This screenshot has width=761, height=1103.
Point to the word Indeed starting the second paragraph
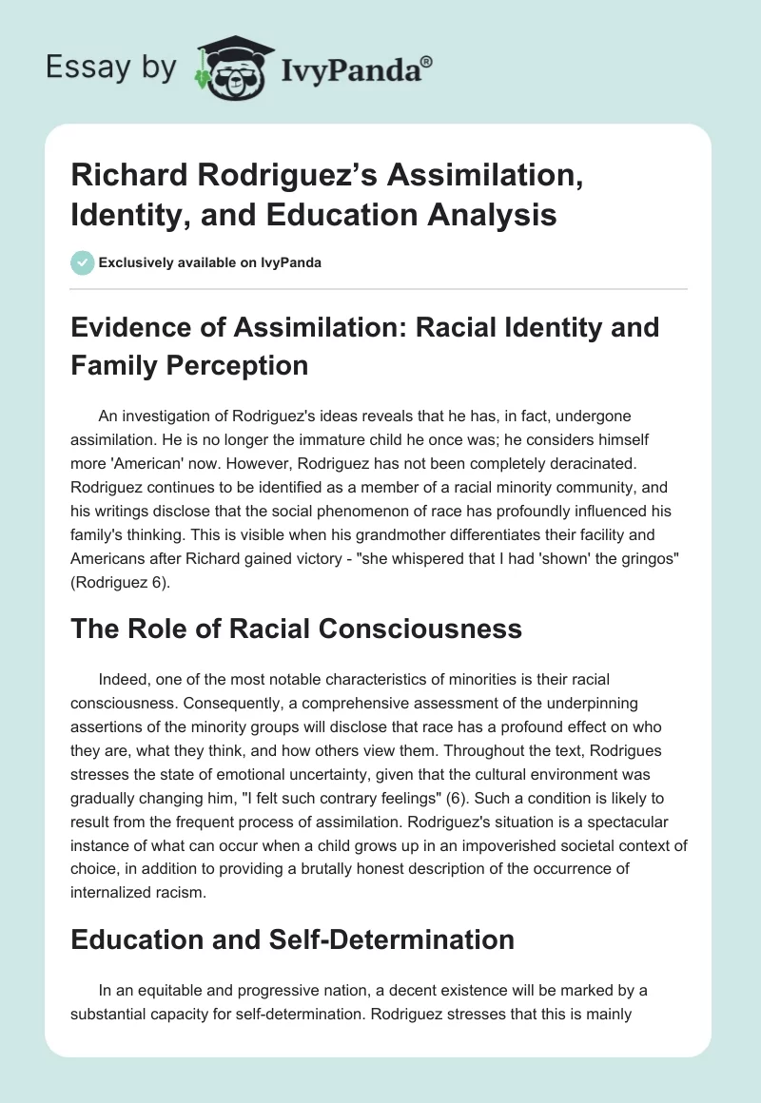[121, 679]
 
